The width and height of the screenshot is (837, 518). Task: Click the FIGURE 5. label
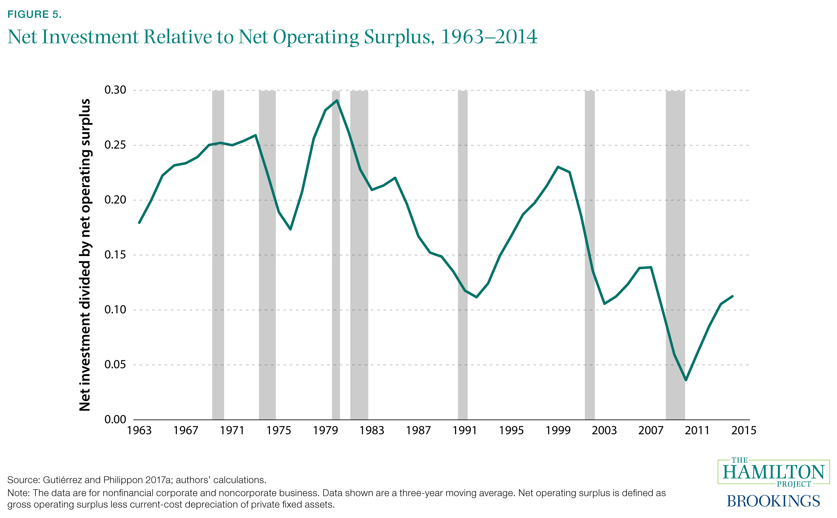point(34,14)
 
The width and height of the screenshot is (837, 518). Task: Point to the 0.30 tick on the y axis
point(115,90)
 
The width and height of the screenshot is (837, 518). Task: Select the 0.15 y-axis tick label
point(115,255)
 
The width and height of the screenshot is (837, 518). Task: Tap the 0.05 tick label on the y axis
point(115,365)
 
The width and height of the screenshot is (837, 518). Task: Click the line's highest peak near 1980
point(337,100)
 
